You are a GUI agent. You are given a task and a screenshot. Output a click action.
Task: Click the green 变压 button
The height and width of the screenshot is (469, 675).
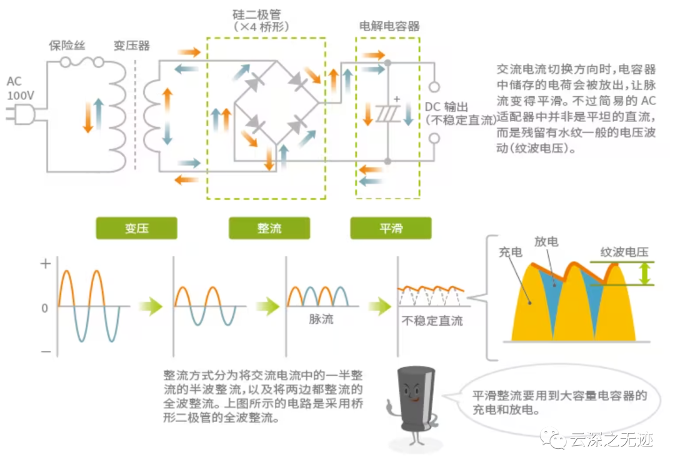point(136,228)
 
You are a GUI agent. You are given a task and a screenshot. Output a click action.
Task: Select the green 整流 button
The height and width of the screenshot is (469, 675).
point(269,228)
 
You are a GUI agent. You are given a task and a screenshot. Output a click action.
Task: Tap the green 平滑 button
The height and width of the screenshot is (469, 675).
point(391,228)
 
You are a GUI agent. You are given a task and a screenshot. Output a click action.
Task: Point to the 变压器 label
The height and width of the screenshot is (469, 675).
point(131,45)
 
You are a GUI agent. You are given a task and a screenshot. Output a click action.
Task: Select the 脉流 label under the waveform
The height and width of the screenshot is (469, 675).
point(321,320)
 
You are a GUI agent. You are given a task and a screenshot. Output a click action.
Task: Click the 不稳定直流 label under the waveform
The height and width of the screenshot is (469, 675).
point(432,321)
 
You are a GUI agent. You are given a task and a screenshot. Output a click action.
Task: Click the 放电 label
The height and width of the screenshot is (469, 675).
point(546,242)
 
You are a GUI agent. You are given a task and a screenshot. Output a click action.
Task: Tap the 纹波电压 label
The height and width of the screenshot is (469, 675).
point(624,252)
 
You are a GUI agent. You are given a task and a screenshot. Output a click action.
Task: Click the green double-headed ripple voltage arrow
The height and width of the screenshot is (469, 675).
point(645,273)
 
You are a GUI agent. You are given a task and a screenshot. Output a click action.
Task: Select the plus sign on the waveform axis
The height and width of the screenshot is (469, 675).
point(45,264)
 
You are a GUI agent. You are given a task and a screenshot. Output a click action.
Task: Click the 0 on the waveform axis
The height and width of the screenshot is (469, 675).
point(44,308)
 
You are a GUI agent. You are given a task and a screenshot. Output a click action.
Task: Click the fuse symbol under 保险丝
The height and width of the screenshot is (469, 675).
point(83,62)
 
